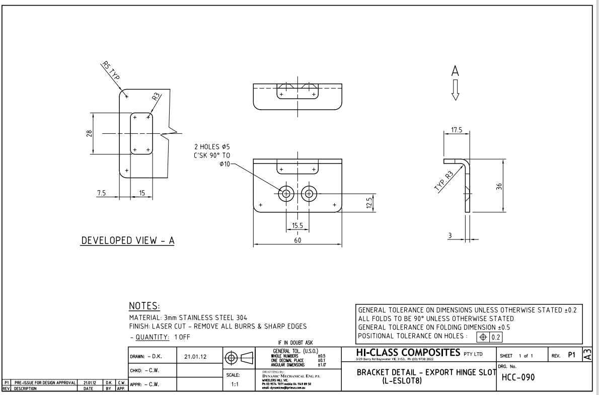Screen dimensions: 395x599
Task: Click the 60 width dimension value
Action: click(297, 241)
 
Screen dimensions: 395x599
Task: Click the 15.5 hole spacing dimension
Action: click(297, 226)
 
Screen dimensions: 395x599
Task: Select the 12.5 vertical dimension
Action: click(369, 203)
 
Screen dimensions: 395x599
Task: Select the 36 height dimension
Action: click(499, 187)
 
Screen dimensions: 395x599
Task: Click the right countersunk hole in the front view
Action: click(309, 193)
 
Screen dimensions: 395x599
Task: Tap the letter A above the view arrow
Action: click(456, 73)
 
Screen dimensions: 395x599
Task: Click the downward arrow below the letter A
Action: click(456, 91)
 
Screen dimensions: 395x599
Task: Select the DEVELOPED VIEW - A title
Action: click(128, 241)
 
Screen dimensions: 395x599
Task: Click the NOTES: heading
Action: click(144, 306)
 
